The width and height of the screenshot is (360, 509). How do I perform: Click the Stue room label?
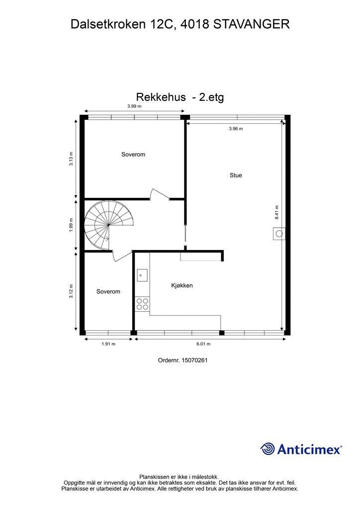coord(236,175)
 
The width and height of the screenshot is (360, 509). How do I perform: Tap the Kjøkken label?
coord(182,286)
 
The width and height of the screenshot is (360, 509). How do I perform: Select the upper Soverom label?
coord(133,155)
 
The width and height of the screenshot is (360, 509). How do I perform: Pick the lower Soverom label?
coord(108,291)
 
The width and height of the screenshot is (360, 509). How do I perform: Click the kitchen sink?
coord(142,275)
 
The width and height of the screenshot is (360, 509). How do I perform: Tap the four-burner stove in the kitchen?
coord(142,304)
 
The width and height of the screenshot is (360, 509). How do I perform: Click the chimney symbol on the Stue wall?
coord(278,234)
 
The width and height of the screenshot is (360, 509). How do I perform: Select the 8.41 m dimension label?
coord(277,212)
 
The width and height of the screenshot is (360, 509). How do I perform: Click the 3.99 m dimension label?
coord(134,106)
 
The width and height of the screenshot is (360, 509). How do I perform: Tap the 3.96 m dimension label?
coord(236,129)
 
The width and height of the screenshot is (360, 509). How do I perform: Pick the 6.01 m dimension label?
coord(203,344)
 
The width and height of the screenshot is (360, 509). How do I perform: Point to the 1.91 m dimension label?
coord(108,344)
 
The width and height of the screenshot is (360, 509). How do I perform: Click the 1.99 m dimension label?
coord(71,225)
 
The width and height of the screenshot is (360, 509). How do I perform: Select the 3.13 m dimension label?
coord(71,159)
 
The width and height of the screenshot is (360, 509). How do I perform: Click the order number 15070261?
coord(194,360)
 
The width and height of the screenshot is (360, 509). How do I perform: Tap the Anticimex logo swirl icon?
coord(268,449)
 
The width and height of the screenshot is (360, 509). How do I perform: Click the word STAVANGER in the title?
coord(252,24)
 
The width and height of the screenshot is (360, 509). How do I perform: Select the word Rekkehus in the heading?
coord(161,97)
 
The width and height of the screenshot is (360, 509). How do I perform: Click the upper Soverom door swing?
coord(159,194)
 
